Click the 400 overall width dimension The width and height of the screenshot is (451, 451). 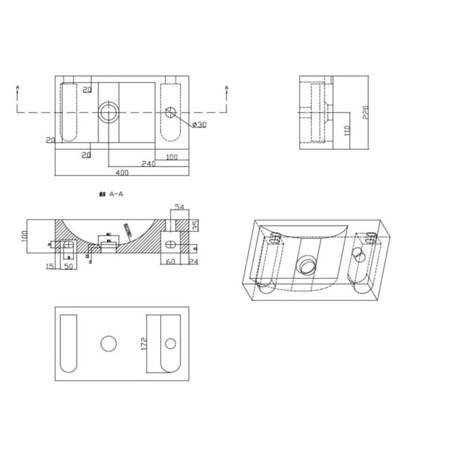point(123,172)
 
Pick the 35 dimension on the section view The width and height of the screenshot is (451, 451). point(196,224)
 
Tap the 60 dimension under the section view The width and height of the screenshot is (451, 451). point(170,261)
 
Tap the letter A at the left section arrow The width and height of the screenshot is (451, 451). point(18,88)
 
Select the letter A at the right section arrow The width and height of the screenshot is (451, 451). point(226,88)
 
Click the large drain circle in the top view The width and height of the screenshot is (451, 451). point(108,112)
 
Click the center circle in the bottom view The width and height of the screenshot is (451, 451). point(108,343)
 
